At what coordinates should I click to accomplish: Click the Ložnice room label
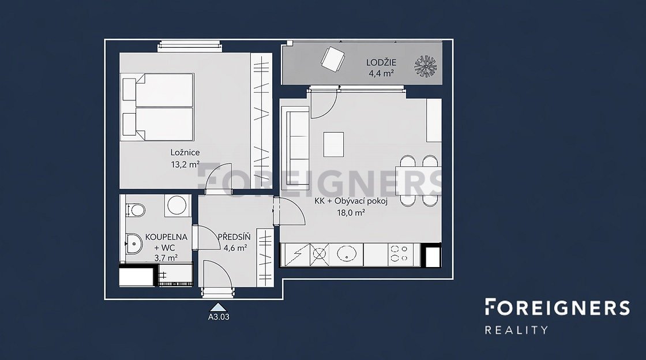pyautogui.click(x=185, y=152)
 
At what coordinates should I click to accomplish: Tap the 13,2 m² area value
pyautogui.click(x=185, y=165)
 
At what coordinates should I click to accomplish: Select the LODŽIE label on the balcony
pyautogui.click(x=381, y=63)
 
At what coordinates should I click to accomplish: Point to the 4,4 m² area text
pyautogui.click(x=381, y=74)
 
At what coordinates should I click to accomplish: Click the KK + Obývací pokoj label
pyautogui.click(x=351, y=201)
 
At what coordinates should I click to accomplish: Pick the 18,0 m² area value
pyautogui.click(x=351, y=213)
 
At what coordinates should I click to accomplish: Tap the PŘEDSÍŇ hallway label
pyautogui.click(x=234, y=237)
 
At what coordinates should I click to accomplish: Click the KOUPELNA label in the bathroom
pyautogui.click(x=166, y=237)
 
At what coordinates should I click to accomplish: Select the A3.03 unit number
pyautogui.click(x=219, y=317)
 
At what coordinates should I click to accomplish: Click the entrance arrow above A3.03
pyautogui.click(x=219, y=307)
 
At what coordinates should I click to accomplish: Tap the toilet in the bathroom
pyautogui.click(x=134, y=209)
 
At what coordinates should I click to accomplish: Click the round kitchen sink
pyautogui.click(x=346, y=254)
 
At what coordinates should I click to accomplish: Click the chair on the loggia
pyautogui.click(x=332, y=59)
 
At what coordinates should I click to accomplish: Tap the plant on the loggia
pyautogui.click(x=425, y=66)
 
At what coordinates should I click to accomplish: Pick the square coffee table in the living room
pyautogui.click(x=333, y=144)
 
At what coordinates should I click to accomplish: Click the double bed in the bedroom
pyautogui.click(x=158, y=107)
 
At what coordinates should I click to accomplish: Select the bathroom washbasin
pyautogui.click(x=133, y=243)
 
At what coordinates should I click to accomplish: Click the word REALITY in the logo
pyautogui.click(x=516, y=330)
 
